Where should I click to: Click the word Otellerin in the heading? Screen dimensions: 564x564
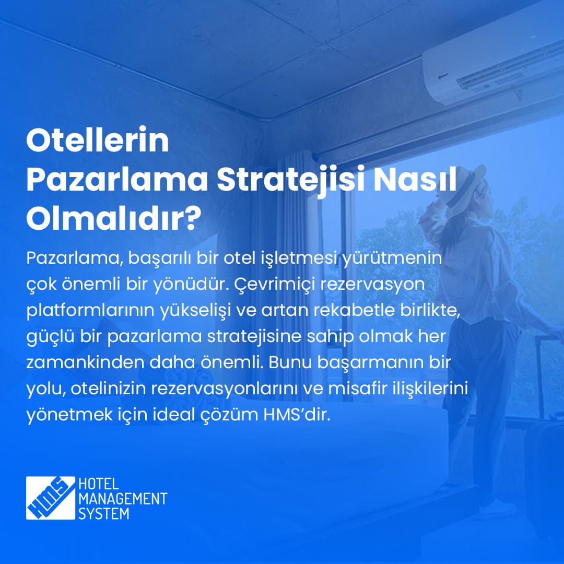[98, 141]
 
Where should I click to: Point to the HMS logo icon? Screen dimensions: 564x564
[51, 498]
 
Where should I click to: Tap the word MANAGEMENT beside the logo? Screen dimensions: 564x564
[122, 499]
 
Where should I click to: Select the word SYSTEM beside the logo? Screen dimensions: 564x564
[103, 513]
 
